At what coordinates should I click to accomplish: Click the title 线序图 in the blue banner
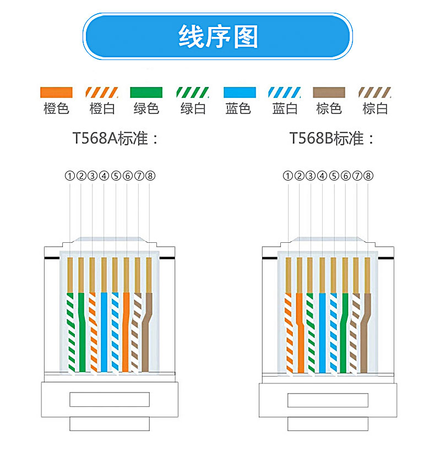tap(218, 37)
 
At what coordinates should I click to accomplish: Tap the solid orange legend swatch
tap(56, 92)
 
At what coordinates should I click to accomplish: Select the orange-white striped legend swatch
tap(102, 92)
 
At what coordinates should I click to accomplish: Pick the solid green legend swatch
tap(146, 92)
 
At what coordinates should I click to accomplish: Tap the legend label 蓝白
tap(285, 108)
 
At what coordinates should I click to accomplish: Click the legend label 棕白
tap(375, 108)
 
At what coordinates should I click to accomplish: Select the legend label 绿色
tap(146, 108)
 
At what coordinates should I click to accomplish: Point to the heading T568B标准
tap(333, 138)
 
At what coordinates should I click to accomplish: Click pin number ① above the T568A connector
tap(69, 176)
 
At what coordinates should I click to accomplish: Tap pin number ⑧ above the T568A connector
tap(150, 176)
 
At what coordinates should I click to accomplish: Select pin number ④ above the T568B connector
tap(322, 176)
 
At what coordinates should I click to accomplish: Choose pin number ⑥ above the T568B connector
tap(345, 176)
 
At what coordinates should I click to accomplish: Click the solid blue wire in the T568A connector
tap(104, 330)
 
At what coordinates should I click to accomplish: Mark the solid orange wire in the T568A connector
tap(126, 330)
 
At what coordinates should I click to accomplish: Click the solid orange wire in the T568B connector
tap(300, 330)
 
